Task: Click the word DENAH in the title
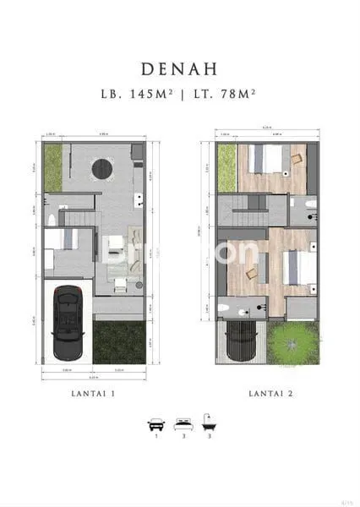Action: (179, 67)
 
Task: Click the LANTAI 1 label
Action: (94, 394)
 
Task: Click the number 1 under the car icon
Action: (155, 438)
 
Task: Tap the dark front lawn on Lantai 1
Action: (119, 342)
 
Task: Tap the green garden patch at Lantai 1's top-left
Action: (52, 166)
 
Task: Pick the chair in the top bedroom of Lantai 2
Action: (296, 157)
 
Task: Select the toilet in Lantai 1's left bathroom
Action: (52, 221)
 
